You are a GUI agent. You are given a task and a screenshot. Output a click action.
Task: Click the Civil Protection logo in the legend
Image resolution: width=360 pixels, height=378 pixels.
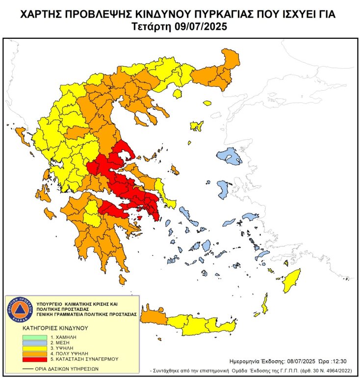(x=19, y=309)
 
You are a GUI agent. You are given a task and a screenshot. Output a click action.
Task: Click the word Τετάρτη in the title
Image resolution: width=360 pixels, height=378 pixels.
(x=153, y=26)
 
